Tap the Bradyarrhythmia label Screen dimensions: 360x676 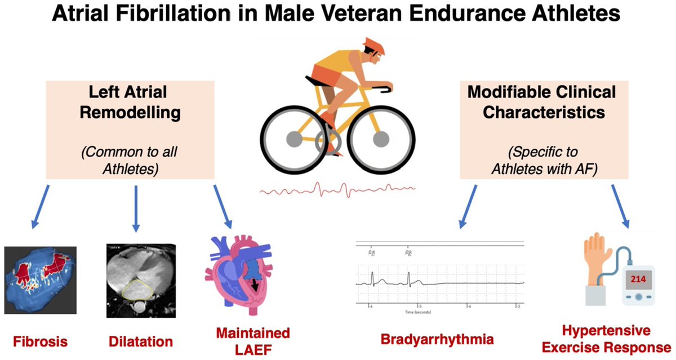click(x=437, y=339)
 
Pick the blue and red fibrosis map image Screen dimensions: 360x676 click(x=39, y=279)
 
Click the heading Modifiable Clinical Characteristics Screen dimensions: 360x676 click(x=541, y=102)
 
